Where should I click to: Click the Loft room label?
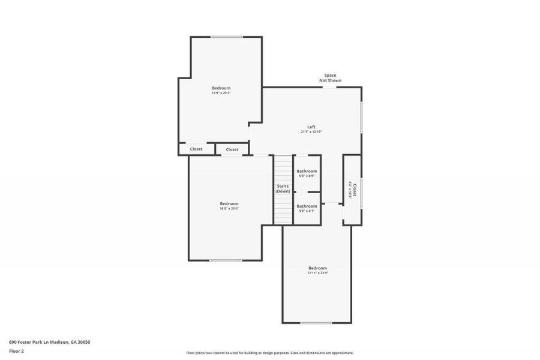point(311,127)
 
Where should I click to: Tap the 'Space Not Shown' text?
point(331,78)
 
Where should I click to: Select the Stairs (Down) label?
point(283,188)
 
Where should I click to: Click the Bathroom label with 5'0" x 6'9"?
point(307,171)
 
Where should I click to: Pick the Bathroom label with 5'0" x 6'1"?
point(307,206)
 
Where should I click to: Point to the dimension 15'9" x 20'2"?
point(221,93)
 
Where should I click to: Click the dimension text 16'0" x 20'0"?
point(229,209)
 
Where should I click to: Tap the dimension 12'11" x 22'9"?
point(317,273)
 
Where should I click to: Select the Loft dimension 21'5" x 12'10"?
point(311,131)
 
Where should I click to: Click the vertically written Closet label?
point(355,190)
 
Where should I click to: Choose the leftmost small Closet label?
point(196,149)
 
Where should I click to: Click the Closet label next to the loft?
point(232,149)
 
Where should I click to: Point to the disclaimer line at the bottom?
point(269,353)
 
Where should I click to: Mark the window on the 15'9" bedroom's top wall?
point(226,37)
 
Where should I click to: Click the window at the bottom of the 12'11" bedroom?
point(316,323)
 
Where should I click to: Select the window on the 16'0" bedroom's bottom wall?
point(226,260)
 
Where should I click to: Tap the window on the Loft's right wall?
point(361,117)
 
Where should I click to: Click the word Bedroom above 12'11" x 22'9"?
point(317,268)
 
